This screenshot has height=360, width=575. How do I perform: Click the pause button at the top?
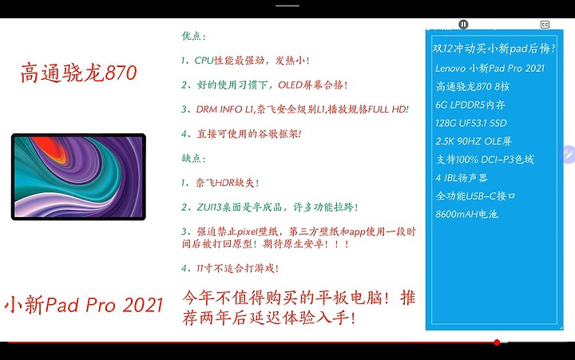[x=463, y=25]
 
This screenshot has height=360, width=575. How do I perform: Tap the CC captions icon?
[x=545, y=25]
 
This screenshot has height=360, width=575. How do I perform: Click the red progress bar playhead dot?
[x=497, y=342]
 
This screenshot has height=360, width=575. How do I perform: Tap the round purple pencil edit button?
[x=569, y=154]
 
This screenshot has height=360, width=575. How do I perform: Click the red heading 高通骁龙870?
[x=79, y=73]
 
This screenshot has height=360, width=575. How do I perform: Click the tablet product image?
[x=78, y=176]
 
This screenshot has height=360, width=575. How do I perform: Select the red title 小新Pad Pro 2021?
[x=84, y=305]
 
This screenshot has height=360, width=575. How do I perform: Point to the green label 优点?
[x=193, y=36]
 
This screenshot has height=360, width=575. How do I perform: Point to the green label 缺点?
[x=193, y=158]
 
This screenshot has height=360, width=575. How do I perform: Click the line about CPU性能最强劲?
[x=245, y=61]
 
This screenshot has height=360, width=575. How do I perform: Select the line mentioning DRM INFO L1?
[x=295, y=109]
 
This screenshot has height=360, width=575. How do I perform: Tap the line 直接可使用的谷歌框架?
[x=241, y=134]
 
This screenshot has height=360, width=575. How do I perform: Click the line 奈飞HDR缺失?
[x=220, y=183]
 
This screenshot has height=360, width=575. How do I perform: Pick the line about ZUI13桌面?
[x=270, y=207]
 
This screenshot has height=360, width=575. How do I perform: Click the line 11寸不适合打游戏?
[x=230, y=268]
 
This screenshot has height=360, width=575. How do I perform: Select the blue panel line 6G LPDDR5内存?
[x=470, y=105]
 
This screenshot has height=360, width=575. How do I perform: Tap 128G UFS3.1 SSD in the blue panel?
[x=471, y=123]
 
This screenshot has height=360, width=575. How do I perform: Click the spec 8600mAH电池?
[x=467, y=214]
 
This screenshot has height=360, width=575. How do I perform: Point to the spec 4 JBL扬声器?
[x=462, y=178]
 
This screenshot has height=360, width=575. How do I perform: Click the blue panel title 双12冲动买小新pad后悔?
[x=494, y=49]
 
